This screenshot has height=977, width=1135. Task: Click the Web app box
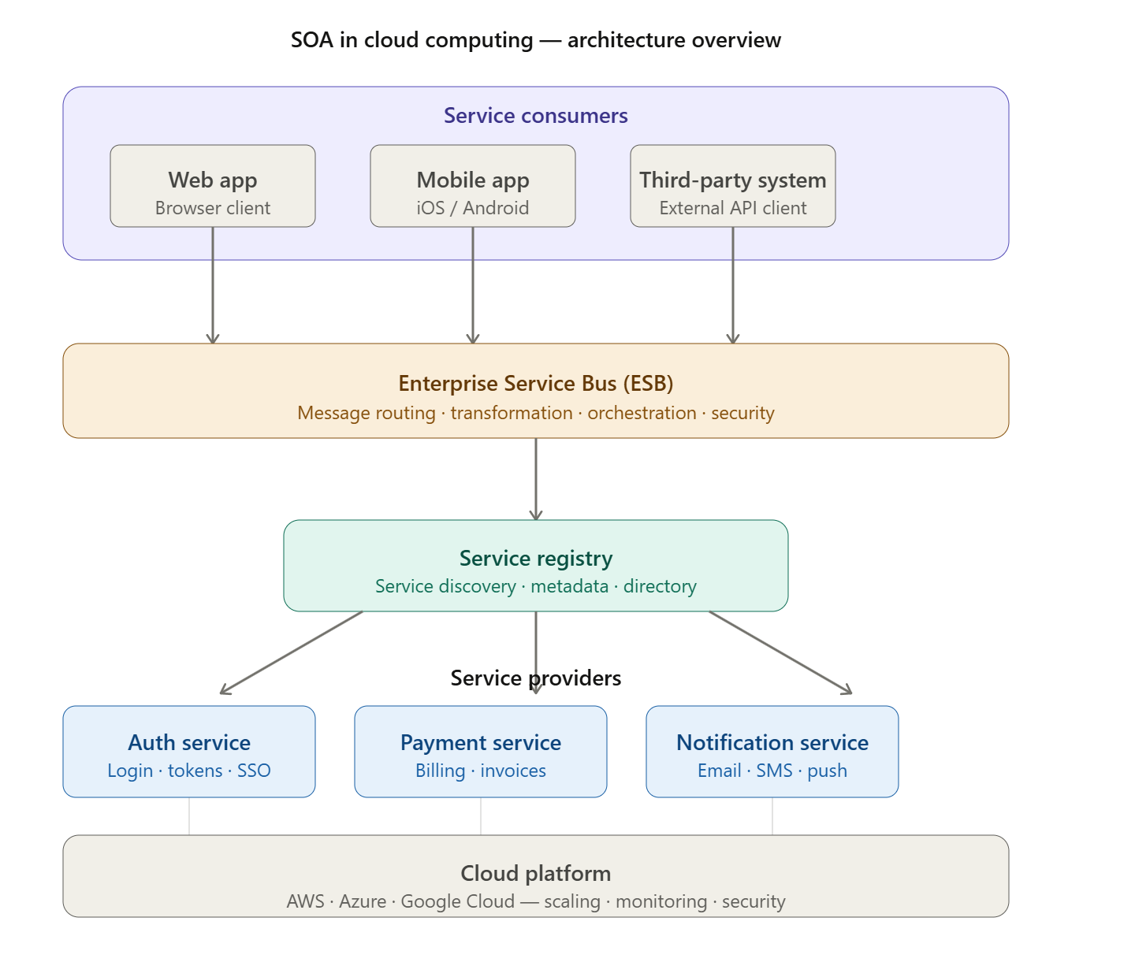tap(213, 186)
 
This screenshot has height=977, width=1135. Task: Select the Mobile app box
tap(473, 186)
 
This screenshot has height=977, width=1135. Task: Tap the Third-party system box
tap(733, 186)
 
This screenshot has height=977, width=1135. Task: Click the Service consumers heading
tap(536, 116)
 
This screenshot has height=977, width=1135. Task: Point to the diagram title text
tap(536, 40)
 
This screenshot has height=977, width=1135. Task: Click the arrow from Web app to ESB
tap(213, 285)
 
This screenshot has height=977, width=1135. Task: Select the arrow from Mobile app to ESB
tap(473, 285)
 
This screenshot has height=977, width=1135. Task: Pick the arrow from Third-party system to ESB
tap(733, 285)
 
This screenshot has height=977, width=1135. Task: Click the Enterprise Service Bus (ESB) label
tap(536, 383)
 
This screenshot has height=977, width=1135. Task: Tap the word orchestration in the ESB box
tap(642, 413)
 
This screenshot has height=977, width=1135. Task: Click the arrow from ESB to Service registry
tap(536, 479)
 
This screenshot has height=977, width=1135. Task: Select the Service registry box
tap(536, 566)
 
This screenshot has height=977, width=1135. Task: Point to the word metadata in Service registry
tap(569, 586)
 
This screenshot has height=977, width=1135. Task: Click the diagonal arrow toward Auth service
tap(292, 652)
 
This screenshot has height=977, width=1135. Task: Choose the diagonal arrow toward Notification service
tap(780, 652)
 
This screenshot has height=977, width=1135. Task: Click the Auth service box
tap(189, 752)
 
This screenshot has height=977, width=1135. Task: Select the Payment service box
tap(481, 752)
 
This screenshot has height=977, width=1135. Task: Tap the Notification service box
tap(772, 752)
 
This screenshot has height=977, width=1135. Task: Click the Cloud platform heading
tap(536, 873)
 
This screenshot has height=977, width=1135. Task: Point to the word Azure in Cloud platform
tap(363, 901)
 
